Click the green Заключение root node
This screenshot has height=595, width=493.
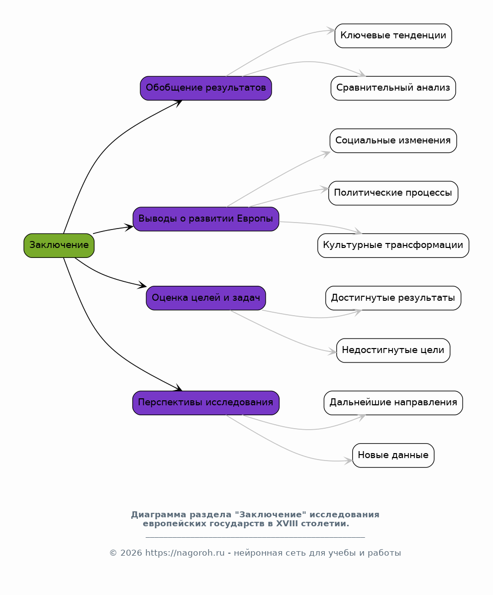pos(59,245)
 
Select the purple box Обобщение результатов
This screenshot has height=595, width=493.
pos(206,88)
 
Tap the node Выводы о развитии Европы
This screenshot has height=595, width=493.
pos(206,219)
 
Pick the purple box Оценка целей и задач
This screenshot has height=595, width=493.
pos(206,298)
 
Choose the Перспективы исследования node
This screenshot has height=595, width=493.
pos(206,403)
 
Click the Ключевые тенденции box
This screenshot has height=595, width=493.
pos(394,36)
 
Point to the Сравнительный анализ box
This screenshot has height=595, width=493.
pos(394,88)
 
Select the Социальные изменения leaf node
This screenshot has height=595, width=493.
pos(394,140)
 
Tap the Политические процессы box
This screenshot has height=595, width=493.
pos(394,193)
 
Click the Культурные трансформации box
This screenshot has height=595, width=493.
pos(394,245)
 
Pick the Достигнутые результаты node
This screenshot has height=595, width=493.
pos(394,298)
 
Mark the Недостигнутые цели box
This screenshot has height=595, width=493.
pos(394,350)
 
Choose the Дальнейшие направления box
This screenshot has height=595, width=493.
pos(394,403)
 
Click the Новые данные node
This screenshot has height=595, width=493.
pos(394,455)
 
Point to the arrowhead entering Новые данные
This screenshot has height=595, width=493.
pos(349,461)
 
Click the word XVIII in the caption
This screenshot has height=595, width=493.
pos(287,524)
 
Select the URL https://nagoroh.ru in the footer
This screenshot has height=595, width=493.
pos(185,553)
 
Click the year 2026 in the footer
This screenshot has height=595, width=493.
pos(131,553)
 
